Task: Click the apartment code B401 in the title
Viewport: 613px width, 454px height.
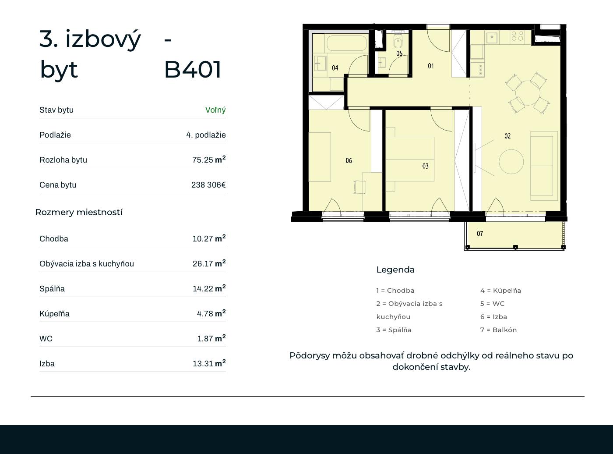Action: (193, 69)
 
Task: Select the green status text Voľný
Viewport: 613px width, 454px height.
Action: (215, 110)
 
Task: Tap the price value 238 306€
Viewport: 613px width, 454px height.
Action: (208, 184)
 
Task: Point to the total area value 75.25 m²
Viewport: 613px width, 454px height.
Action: (209, 160)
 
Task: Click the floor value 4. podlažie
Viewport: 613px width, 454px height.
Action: (206, 135)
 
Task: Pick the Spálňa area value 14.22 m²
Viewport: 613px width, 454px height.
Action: (209, 288)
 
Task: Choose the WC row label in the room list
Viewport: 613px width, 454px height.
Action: (46, 338)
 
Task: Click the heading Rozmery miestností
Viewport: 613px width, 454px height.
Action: (79, 212)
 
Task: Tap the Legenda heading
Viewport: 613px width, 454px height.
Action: (395, 270)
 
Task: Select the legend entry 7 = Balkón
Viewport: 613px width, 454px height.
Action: (498, 330)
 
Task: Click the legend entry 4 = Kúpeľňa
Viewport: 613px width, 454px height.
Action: (500, 291)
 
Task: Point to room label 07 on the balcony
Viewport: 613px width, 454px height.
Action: (480, 234)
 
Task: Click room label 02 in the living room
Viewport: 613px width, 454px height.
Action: (507, 136)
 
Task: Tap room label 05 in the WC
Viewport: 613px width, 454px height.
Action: (399, 53)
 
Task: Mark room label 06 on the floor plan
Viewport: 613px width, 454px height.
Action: (349, 160)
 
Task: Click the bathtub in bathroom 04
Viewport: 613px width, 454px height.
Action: (347, 43)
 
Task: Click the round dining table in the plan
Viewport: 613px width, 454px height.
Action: (528, 93)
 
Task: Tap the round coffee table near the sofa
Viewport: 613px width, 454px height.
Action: (511, 162)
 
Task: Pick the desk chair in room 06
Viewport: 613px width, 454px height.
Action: (360, 187)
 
